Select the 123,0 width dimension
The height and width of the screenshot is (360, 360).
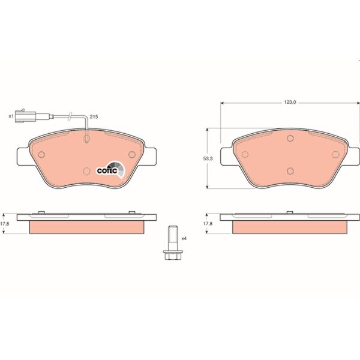point(290,103)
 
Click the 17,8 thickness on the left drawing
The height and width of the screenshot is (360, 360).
point(6,223)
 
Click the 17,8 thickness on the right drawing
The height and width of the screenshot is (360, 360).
point(208,223)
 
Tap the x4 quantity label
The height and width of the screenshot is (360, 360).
point(184,238)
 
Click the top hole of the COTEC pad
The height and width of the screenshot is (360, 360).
point(87,140)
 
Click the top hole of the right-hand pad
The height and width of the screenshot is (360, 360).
point(289,140)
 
